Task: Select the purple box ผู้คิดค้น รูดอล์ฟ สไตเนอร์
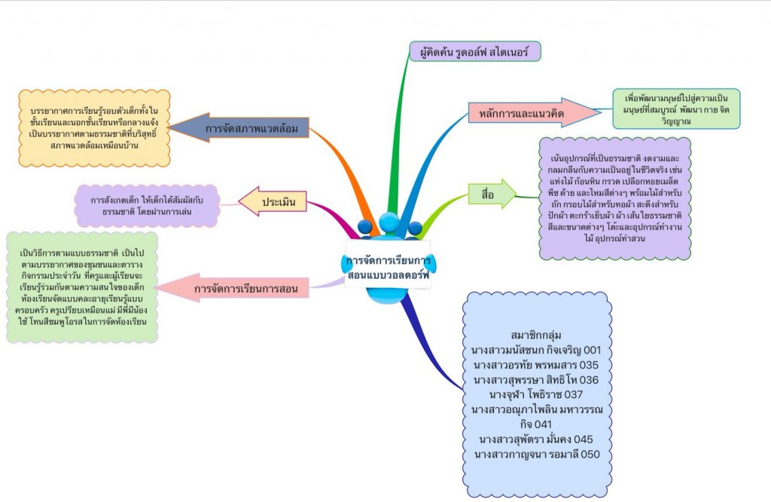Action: click(x=475, y=52)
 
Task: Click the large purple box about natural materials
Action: click(x=614, y=198)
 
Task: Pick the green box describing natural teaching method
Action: click(x=83, y=287)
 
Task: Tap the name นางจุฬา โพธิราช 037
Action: click(x=536, y=395)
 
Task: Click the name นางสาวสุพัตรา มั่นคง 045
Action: click(x=536, y=439)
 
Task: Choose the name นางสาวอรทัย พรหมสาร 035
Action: click(x=536, y=366)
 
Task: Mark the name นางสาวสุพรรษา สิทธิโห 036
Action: click(x=536, y=380)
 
